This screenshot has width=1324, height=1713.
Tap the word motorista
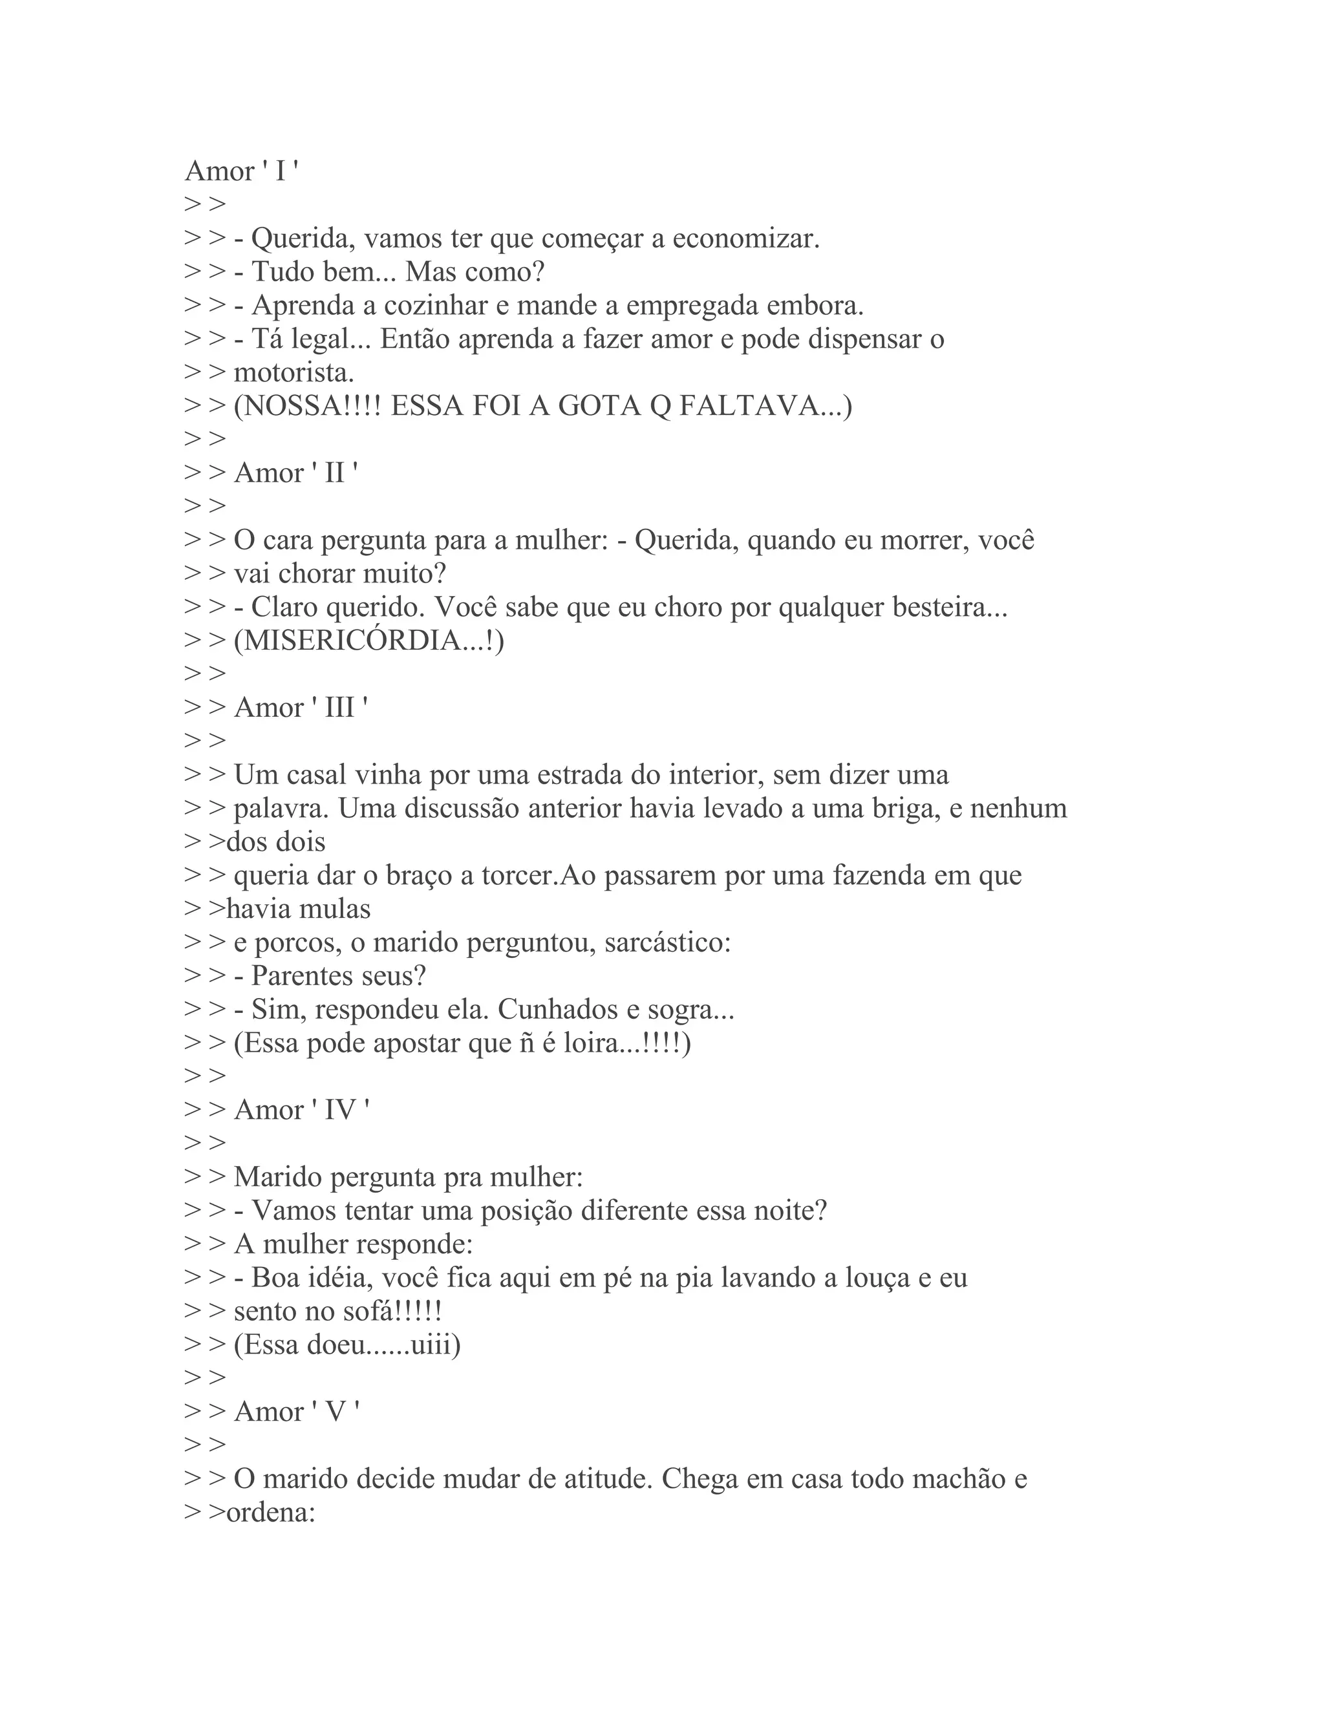[x=294, y=372]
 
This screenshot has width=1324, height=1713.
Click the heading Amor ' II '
[x=295, y=473]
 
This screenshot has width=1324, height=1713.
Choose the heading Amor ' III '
[x=301, y=707]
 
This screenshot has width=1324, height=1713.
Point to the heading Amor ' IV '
[x=302, y=1110]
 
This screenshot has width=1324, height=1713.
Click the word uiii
[x=431, y=1345]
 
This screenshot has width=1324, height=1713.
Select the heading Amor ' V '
[x=297, y=1412]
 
